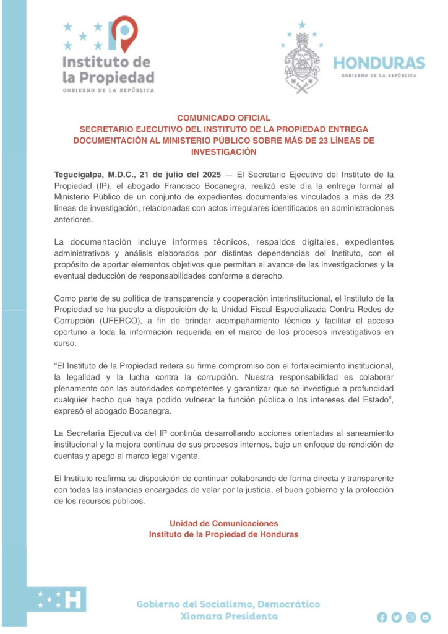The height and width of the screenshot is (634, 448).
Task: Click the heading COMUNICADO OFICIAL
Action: click(224, 118)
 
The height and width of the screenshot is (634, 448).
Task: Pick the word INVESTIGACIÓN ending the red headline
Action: click(224, 152)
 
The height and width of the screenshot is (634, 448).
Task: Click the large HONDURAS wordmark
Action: click(379, 63)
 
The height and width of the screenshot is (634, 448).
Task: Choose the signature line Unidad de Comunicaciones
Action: click(224, 523)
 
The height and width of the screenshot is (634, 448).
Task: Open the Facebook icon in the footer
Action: click(382, 617)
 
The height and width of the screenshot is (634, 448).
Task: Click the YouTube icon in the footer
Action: click(426, 617)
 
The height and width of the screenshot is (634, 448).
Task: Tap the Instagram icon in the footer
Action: click(411, 617)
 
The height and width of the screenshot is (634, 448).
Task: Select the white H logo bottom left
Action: click(74, 599)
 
